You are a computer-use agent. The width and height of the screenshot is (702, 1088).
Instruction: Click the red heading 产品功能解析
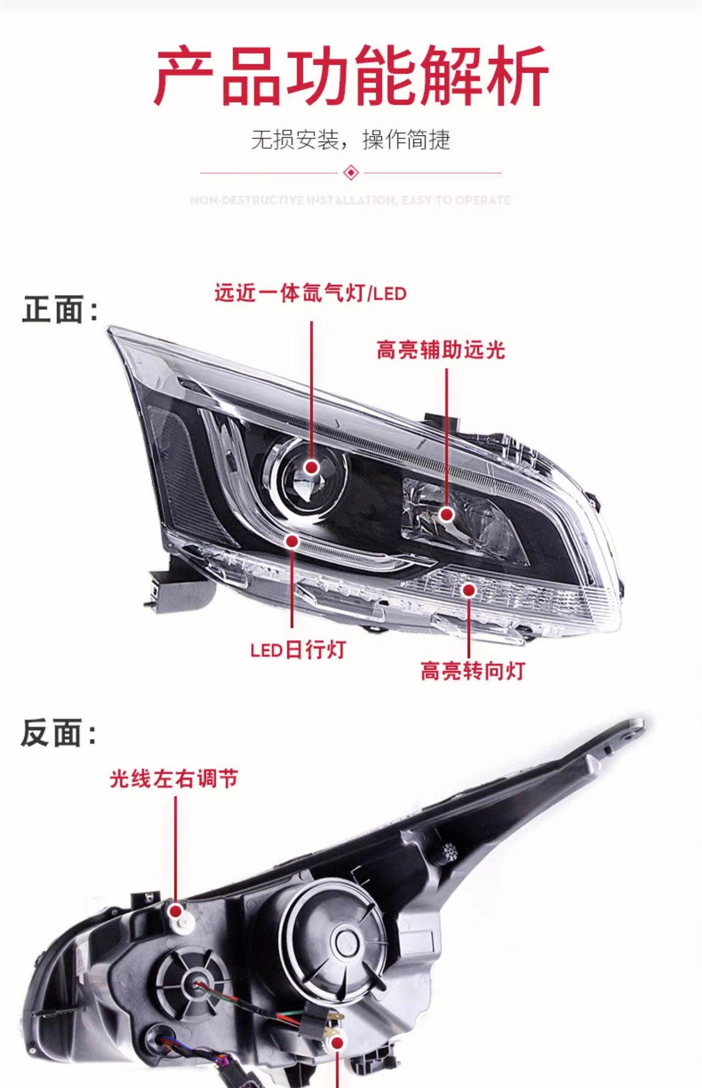(351, 76)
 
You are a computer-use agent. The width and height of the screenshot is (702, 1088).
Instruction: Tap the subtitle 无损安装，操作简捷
(351, 139)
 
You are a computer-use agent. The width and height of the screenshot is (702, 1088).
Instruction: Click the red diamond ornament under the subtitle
(351, 172)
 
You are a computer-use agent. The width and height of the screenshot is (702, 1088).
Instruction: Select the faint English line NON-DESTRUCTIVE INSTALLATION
(351, 200)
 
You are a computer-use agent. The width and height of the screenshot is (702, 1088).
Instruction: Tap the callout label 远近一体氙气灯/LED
(310, 294)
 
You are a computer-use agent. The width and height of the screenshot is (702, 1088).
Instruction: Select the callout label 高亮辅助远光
(440, 350)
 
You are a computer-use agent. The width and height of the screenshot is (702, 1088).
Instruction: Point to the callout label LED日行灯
(298, 650)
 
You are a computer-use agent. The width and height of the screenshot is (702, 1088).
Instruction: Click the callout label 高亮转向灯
(473, 671)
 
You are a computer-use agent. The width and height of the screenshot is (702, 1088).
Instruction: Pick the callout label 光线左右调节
(174, 779)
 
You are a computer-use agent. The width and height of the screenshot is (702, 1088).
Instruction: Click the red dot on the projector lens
(311, 467)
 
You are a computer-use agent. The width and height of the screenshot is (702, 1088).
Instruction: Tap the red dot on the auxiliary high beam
(447, 515)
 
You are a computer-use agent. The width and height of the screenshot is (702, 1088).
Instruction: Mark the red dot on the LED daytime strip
(292, 541)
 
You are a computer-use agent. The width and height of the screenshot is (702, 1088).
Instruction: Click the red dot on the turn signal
(469, 590)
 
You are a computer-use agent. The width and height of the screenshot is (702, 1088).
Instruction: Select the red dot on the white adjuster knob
(176, 912)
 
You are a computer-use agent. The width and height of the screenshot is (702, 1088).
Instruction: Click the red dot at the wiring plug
(337, 1043)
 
